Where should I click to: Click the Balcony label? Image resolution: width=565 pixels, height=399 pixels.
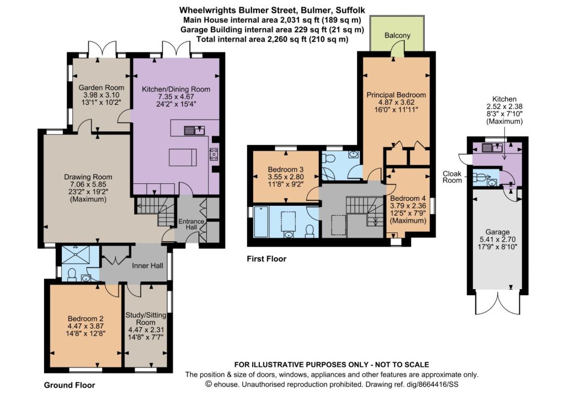coord(397,35)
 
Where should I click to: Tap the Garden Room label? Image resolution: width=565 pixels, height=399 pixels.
coord(102,88)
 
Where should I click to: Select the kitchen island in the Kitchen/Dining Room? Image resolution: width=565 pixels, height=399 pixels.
coord(183,157)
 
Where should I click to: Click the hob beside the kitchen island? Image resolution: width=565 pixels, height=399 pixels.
coord(214,155)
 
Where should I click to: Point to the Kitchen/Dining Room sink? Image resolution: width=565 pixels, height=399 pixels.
coord(194,130)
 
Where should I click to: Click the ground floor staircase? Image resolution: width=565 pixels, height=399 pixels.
coord(155,211)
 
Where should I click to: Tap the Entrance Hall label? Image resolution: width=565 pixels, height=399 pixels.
coord(191,224)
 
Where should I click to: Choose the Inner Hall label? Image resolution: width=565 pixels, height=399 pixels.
coord(147,266)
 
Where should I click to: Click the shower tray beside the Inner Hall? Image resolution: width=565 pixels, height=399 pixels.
coord(76,256)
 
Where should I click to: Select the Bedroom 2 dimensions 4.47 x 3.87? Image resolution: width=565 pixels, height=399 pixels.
coord(86,326)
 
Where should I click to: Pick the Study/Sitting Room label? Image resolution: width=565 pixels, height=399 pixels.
coord(146,318)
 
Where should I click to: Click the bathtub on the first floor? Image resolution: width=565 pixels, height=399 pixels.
coord(261,222)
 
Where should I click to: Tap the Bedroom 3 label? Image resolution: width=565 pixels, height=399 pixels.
coord(286,169)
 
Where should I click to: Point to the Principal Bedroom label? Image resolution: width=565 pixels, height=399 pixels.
coord(396,95)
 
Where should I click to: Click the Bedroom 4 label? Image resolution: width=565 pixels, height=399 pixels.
coord(408,198)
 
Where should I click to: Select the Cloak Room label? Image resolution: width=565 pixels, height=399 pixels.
coord(452,177)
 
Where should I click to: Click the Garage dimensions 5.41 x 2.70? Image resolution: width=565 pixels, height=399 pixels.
coord(498,240)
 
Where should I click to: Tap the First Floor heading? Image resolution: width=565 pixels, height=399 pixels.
coord(266,259)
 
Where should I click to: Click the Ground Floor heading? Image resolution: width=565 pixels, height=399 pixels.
coord(70,385)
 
